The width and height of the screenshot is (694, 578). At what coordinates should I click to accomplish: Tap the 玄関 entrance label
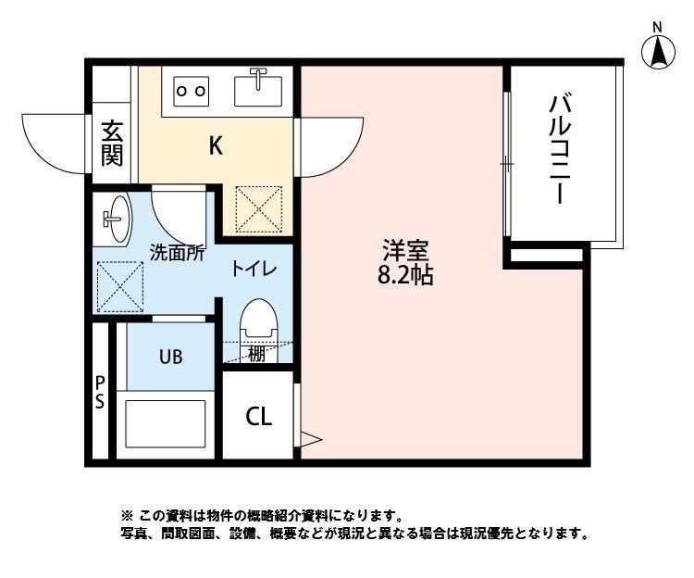pos(112,143)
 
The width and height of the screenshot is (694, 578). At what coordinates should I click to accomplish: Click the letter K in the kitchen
pos(215,146)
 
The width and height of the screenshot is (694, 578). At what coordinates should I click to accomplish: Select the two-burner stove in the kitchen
pos(191,91)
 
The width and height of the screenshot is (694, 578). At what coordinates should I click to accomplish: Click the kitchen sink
pos(258,89)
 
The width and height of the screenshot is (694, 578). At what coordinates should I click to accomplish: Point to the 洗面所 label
pos(177,252)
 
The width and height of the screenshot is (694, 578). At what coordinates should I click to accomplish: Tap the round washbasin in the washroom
pos(116,220)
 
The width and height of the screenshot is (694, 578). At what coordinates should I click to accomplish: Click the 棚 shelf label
pos(255,352)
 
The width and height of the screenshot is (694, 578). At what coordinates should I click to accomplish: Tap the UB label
pos(169,356)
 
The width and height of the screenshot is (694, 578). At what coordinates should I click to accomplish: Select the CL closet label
pos(258,417)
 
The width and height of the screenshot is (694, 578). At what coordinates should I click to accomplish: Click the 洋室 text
pos(406,251)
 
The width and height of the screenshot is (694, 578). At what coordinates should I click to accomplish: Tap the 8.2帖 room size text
pos(406,275)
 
